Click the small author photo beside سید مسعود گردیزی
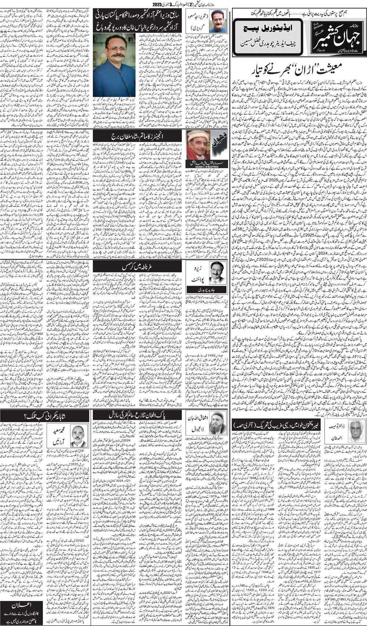218,22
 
